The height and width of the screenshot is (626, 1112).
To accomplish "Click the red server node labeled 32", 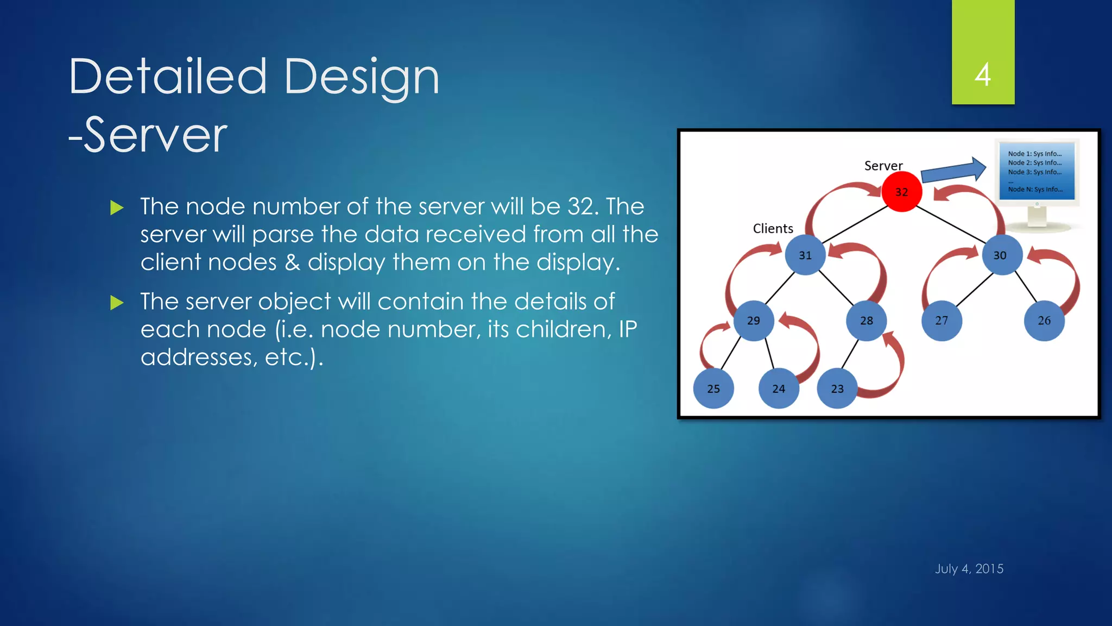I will coord(901,192).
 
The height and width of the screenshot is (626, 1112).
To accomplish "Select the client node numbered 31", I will coord(805,255).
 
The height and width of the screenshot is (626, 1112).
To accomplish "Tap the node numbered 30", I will coord(1000,255).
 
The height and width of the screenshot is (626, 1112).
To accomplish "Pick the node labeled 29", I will coord(754,321).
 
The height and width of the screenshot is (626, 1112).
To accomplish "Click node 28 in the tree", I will coord(867,321).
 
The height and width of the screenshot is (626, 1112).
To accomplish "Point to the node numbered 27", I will coord(942,321).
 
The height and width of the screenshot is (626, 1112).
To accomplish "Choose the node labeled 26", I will coord(1044,321).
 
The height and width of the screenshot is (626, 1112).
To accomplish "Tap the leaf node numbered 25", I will coord(713,389).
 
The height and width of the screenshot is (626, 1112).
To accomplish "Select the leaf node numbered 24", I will coord(779,389).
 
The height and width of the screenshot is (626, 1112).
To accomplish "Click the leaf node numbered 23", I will coord(837,389).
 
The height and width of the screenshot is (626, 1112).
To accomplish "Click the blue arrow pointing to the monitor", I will coord(953,171).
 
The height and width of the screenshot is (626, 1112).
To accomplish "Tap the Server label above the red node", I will coord(883,166).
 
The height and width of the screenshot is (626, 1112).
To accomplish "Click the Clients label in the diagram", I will coord(773,229).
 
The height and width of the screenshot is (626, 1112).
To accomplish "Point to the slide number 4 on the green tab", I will coord(983,74).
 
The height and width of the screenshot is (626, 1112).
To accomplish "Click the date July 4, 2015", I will coord(969,568).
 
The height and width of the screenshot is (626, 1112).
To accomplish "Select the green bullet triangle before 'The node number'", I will coord(117,208).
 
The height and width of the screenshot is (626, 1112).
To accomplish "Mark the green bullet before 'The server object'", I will coord(117,303).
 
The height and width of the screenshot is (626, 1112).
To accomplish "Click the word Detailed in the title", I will coord(168,77).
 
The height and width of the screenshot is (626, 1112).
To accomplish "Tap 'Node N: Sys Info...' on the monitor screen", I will coord(1035,189).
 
